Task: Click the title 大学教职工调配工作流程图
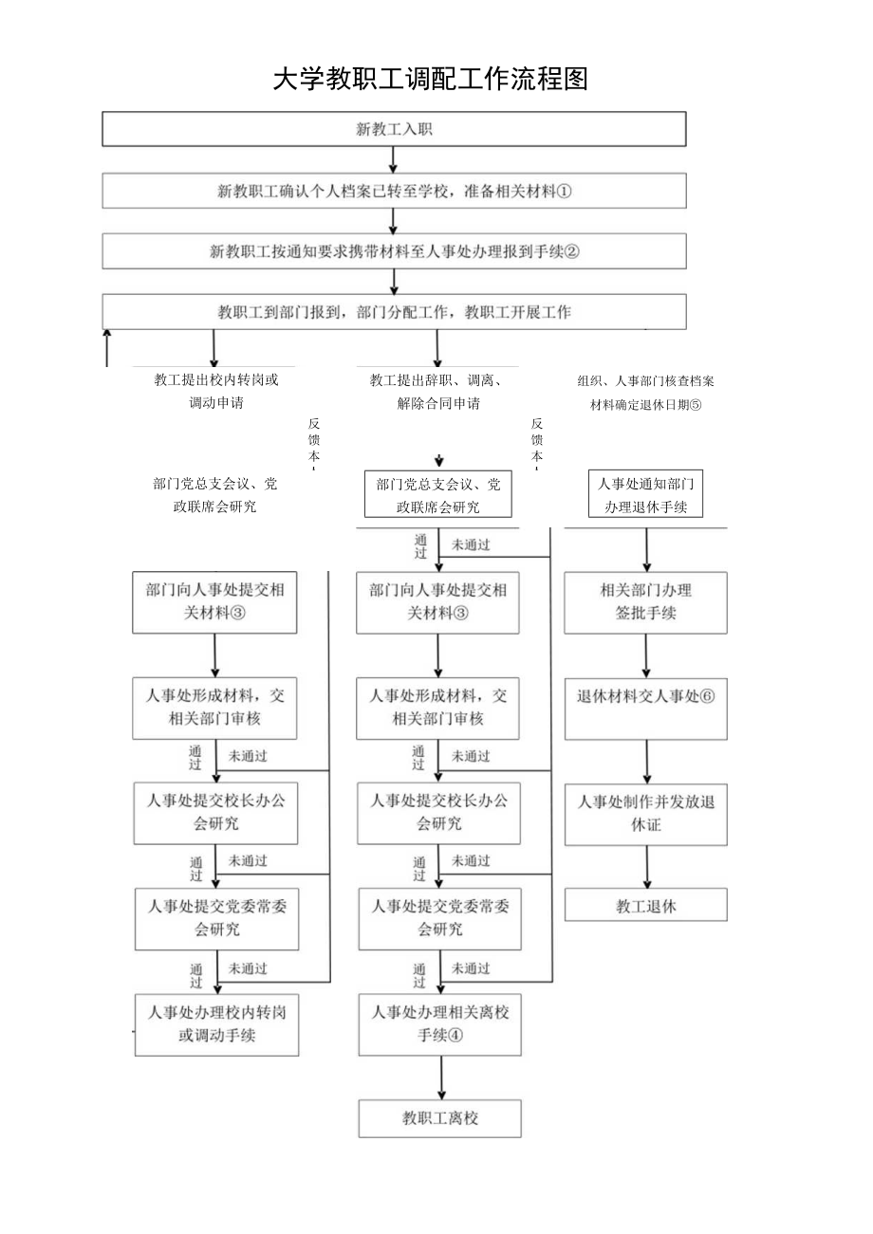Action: click(x=431, y=79)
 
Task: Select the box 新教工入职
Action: click(x=394, y=129)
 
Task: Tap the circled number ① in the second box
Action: click(x=564, y=191)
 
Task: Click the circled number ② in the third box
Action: click(x=571, y=251)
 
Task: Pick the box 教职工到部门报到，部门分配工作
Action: click(x=394, y=311)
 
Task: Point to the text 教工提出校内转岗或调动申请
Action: click(x=216, y=391)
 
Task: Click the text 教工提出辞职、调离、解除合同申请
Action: click(x=437, y=391)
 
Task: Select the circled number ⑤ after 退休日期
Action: click(x=695, y=403)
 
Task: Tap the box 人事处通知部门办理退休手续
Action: click(x=646, y=495)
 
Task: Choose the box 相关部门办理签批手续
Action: click(x=646, y=601)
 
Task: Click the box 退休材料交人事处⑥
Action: click(x=646, y=708)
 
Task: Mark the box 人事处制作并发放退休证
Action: click(x=646, y=814)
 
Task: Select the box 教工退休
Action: click(x=646, y=905)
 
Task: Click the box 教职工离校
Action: click(x=440, y=1118)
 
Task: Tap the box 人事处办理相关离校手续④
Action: click(x=440, y=1023)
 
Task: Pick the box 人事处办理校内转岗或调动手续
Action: click(x=217, y=1023)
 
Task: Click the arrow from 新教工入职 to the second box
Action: click(x=394, y=159)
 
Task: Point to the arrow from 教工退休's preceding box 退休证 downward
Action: click(x=647, y=866)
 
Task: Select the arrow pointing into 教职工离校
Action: click(x=441, y=1077)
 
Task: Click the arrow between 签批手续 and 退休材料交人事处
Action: click(x=647, y=654)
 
